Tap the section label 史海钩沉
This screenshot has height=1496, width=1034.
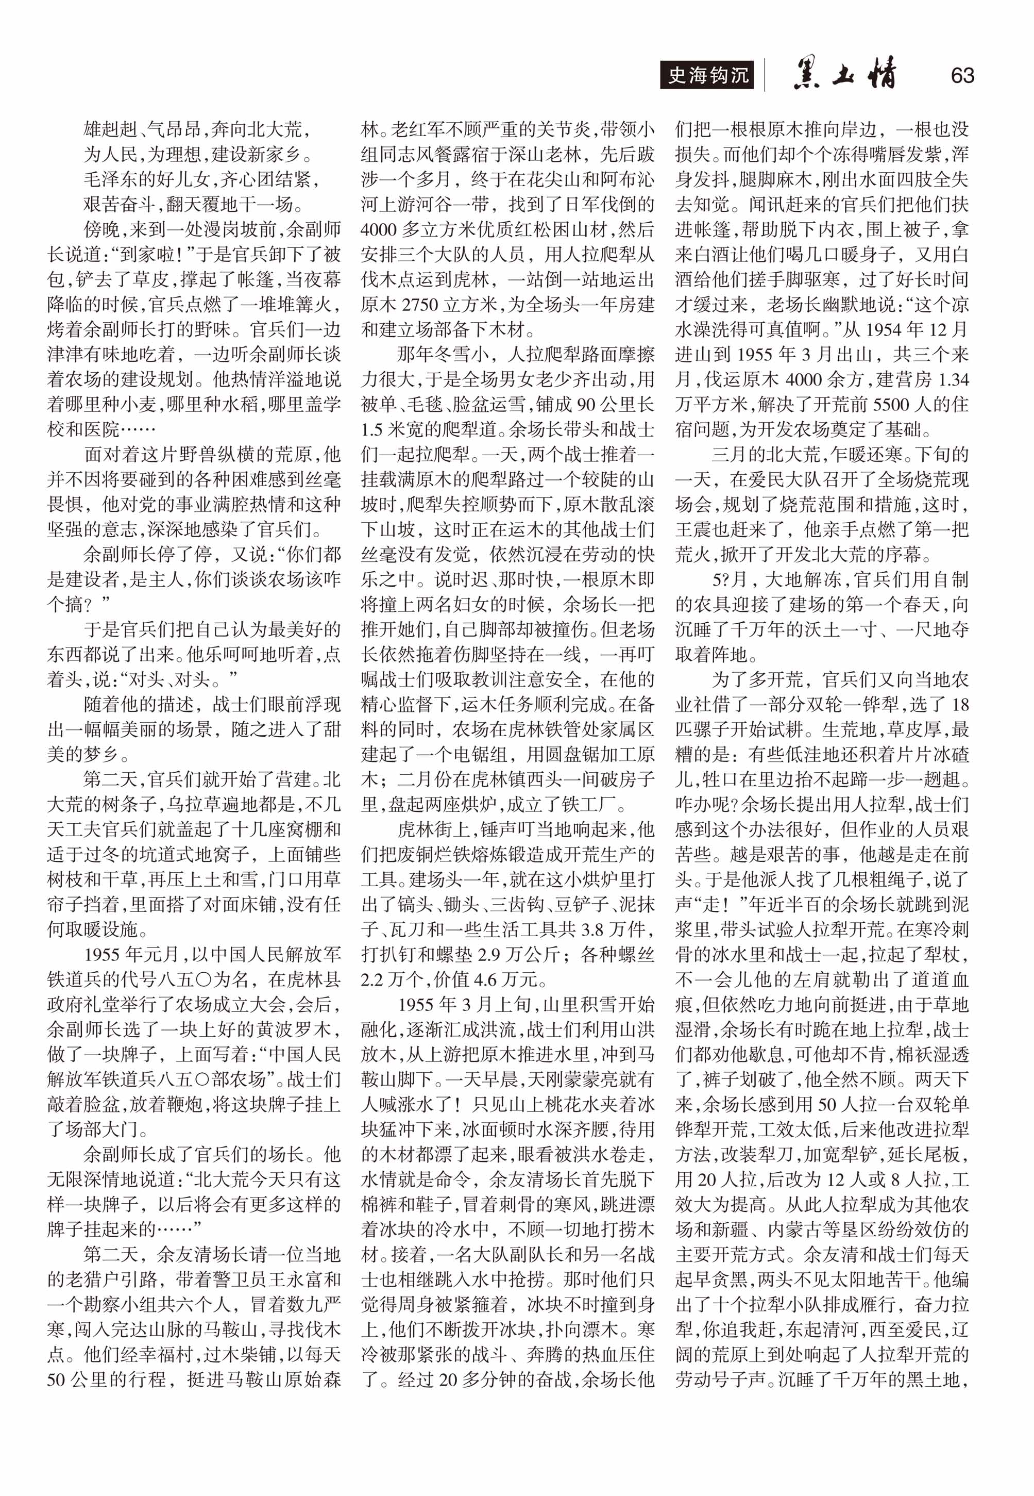[x=707, y=76]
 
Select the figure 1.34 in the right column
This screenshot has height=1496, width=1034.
[x=951, y=380]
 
